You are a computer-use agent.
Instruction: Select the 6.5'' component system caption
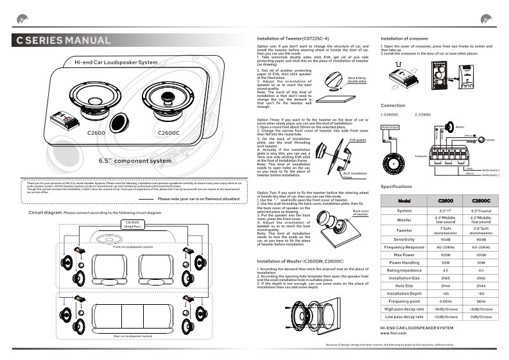135,160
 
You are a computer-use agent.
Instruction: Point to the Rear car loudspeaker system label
133,336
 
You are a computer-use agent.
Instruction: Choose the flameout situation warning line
198,199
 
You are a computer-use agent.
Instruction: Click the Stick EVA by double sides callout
357,80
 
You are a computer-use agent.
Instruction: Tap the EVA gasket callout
358,139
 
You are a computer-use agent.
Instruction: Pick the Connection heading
393,105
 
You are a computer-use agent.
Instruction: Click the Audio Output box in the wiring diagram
391,128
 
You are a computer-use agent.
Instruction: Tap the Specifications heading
396,186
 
